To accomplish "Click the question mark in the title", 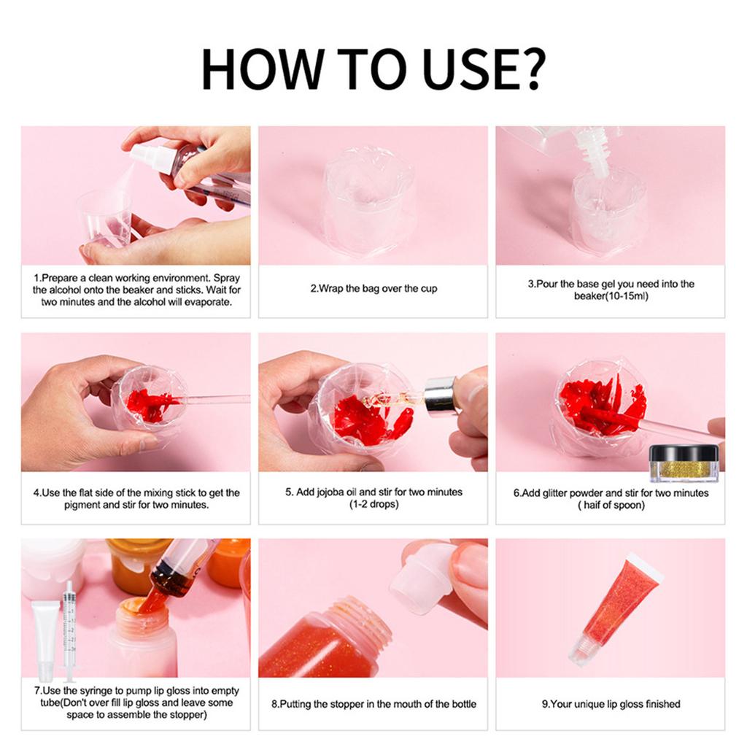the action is point(530,69).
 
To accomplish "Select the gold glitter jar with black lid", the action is point(684,463).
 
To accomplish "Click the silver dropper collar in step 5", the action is point(440,395).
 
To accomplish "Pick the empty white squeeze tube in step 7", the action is point(45,639).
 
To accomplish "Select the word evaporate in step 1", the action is point(206,302).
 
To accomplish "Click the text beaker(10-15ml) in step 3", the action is point(611,296).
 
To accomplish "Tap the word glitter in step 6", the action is point(557,493).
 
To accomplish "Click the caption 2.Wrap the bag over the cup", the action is point(373,289).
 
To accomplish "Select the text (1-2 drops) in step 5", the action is point(373,504).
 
